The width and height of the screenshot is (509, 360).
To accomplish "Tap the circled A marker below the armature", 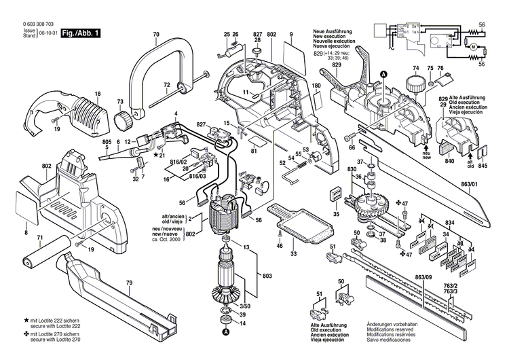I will (225, 332).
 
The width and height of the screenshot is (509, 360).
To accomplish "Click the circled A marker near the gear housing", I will (383, 74).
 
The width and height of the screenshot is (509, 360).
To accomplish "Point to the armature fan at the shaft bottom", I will (225, 295).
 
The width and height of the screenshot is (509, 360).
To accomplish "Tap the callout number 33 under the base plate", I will (293, 254).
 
